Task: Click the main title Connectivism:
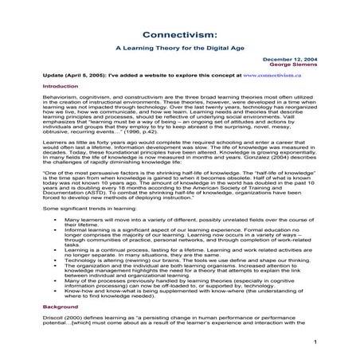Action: (179, 35)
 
